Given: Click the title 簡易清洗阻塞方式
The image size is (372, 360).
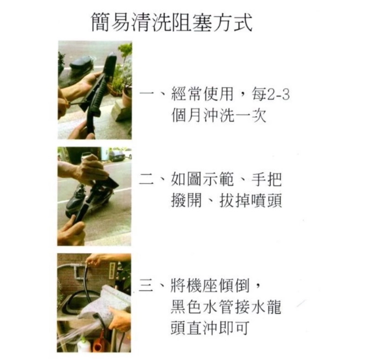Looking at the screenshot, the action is point(172,23).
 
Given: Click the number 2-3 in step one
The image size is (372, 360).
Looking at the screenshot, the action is point(278,95).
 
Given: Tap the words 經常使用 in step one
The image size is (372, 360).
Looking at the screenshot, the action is point(202,94).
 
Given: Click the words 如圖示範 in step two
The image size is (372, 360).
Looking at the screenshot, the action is point(202,179).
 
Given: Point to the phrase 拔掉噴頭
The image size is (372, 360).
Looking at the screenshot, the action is point(251,201).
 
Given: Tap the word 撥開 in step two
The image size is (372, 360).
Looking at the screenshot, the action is point(186,201).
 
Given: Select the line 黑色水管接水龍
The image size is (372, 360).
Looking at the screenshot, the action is point(226,307).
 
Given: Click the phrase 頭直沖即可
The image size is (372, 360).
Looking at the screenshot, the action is point(210,328).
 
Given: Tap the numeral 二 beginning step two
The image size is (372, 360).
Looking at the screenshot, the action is point(147,179).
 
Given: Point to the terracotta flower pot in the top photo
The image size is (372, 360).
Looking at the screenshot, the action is point(127,97).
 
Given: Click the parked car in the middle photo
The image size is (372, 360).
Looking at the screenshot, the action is point(120,156).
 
